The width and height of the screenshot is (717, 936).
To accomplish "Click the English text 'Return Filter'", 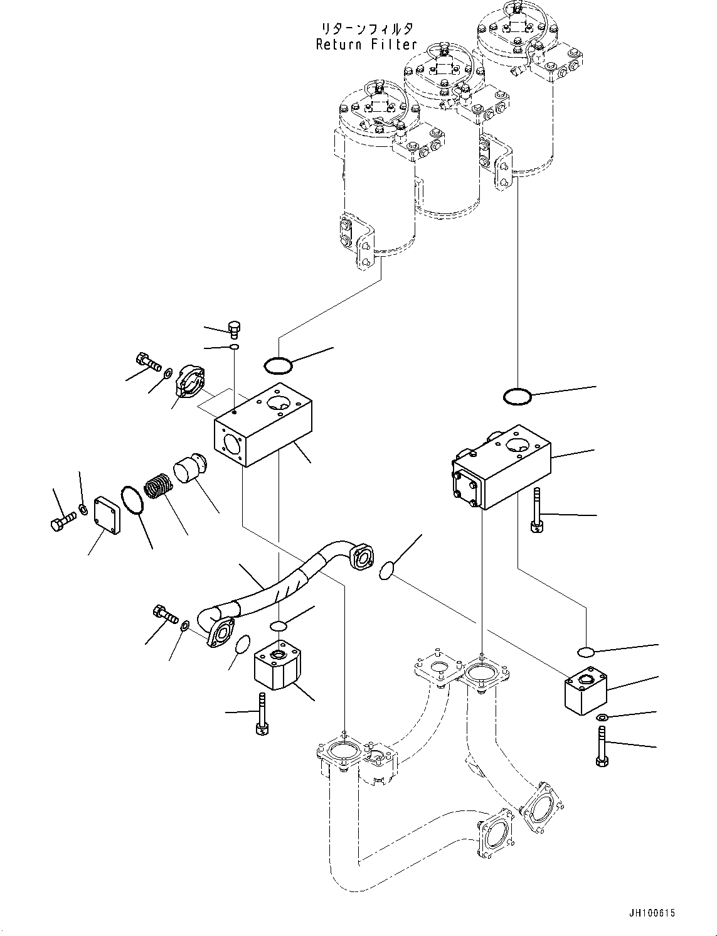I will click(366, 45).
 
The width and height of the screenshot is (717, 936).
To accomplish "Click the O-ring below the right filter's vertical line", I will click(518, 397).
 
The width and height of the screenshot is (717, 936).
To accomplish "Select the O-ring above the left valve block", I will click(277, 364).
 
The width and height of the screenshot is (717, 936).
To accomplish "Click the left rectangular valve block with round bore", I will click(263, 424).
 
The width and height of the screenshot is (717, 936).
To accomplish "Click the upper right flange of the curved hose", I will click(362, 559).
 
